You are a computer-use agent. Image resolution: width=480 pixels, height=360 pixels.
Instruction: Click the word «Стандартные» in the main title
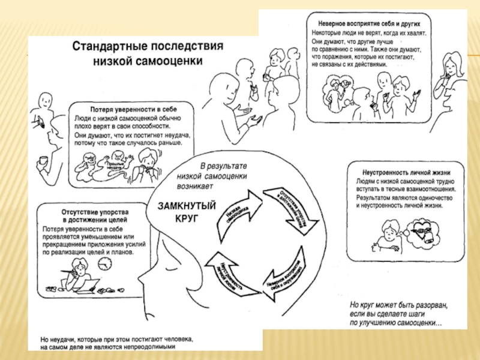coord(106,46)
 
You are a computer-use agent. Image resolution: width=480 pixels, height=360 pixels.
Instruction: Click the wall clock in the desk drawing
coord(107,262)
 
